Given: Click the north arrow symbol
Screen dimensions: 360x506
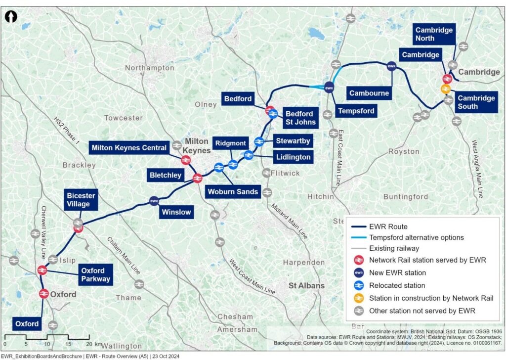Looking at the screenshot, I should [x=11, y=17].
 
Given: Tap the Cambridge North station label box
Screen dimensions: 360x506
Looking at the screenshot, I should [x=434, y=34].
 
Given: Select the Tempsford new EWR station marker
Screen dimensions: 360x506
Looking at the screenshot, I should [x=329, y=88].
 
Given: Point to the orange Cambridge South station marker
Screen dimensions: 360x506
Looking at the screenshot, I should [x=446, y=89].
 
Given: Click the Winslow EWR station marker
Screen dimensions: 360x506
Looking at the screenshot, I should [x=154, y=201].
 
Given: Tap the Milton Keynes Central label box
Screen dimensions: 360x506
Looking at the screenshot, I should [x=128, y=148].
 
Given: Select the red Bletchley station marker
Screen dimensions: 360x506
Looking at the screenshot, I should [x=197, y=178].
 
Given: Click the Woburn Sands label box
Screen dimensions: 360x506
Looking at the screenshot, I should [x=233, y=191].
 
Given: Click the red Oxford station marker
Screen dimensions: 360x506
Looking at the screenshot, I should [x=43, y=294].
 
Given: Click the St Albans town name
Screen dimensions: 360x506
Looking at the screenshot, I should [x=306, y=285].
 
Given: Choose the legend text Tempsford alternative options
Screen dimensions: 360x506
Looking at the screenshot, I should [x=417, y=237].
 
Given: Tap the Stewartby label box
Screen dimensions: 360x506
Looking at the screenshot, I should [x=293, y=141].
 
